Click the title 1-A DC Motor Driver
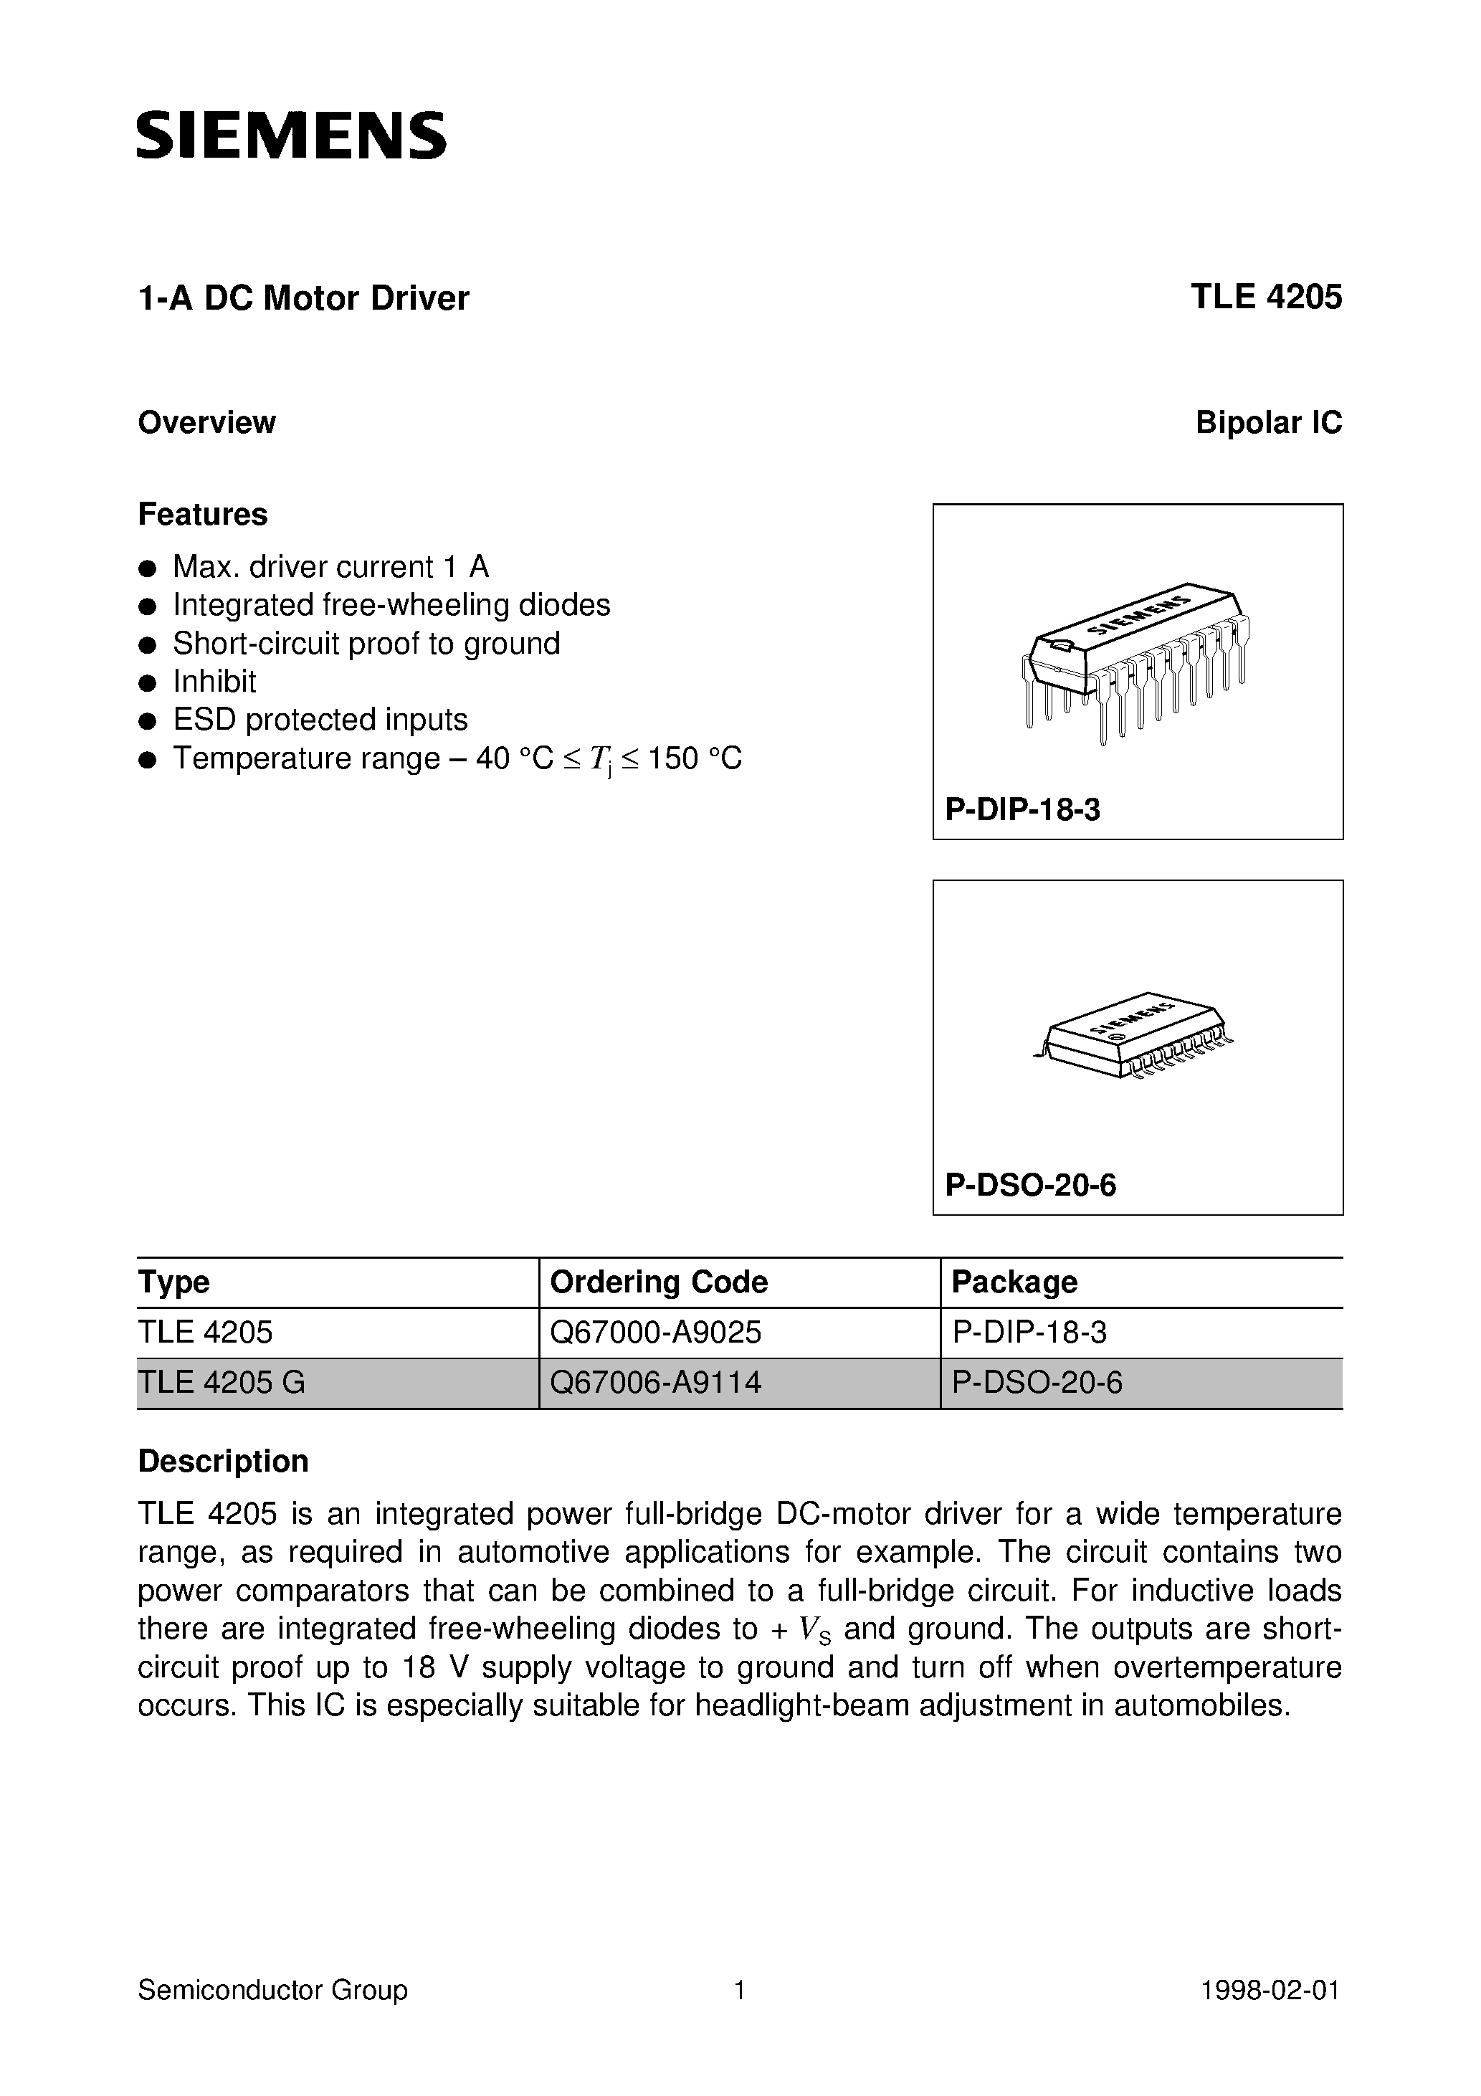click(303, 298)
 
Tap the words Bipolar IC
click(1268, 423)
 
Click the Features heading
click(203, 514)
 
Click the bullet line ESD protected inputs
click(320, 720)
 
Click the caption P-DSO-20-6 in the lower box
click(1030, 1185)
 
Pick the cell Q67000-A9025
click(656, 1333)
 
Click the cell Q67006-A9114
click(656, 1382)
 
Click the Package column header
click(1014, 1282)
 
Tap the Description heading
click(223, 1462)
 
